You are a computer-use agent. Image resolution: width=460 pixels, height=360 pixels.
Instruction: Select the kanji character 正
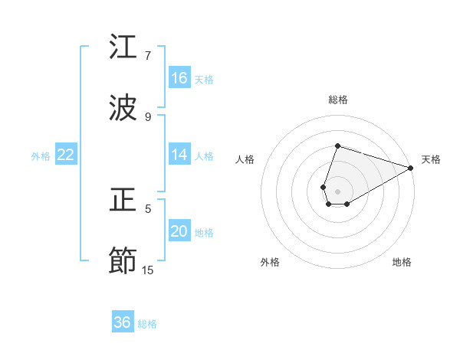[x=123, y=201]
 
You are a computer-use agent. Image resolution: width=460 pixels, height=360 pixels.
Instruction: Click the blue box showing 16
[x=179, y=77]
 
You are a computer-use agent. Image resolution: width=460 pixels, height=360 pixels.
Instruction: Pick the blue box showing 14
[x=179, y=155]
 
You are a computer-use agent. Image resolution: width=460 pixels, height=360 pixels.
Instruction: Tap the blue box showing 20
[x=179, y=232]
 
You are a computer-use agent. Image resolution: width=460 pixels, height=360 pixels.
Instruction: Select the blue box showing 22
[x=66, y=155]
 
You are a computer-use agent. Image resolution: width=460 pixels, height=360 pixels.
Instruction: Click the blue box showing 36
[x=123, y=322]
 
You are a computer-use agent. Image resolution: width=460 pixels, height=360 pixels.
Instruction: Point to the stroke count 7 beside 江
[x=148, y=55]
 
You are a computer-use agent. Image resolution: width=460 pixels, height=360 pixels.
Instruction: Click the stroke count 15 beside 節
[x=148, y=270]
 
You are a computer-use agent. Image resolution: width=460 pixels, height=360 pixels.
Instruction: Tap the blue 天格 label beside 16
[x=204, y=79]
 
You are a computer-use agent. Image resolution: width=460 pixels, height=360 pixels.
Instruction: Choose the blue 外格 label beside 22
[x=41, y=156]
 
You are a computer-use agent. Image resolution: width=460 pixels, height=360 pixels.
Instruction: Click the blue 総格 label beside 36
[x=147, y=324]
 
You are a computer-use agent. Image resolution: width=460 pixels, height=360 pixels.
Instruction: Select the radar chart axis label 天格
[x=431, y=159]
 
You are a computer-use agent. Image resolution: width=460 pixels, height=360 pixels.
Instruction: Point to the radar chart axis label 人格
[x=245, y=159]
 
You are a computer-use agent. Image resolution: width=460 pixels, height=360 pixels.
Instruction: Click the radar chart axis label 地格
[x=402, y=262]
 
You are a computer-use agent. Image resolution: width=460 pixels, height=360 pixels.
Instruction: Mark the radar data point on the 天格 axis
[x=411, y=168]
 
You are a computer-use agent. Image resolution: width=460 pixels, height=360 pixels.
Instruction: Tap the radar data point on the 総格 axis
[x=337, y=146]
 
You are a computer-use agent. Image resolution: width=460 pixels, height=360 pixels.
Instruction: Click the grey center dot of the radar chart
[x=337, y=191]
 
